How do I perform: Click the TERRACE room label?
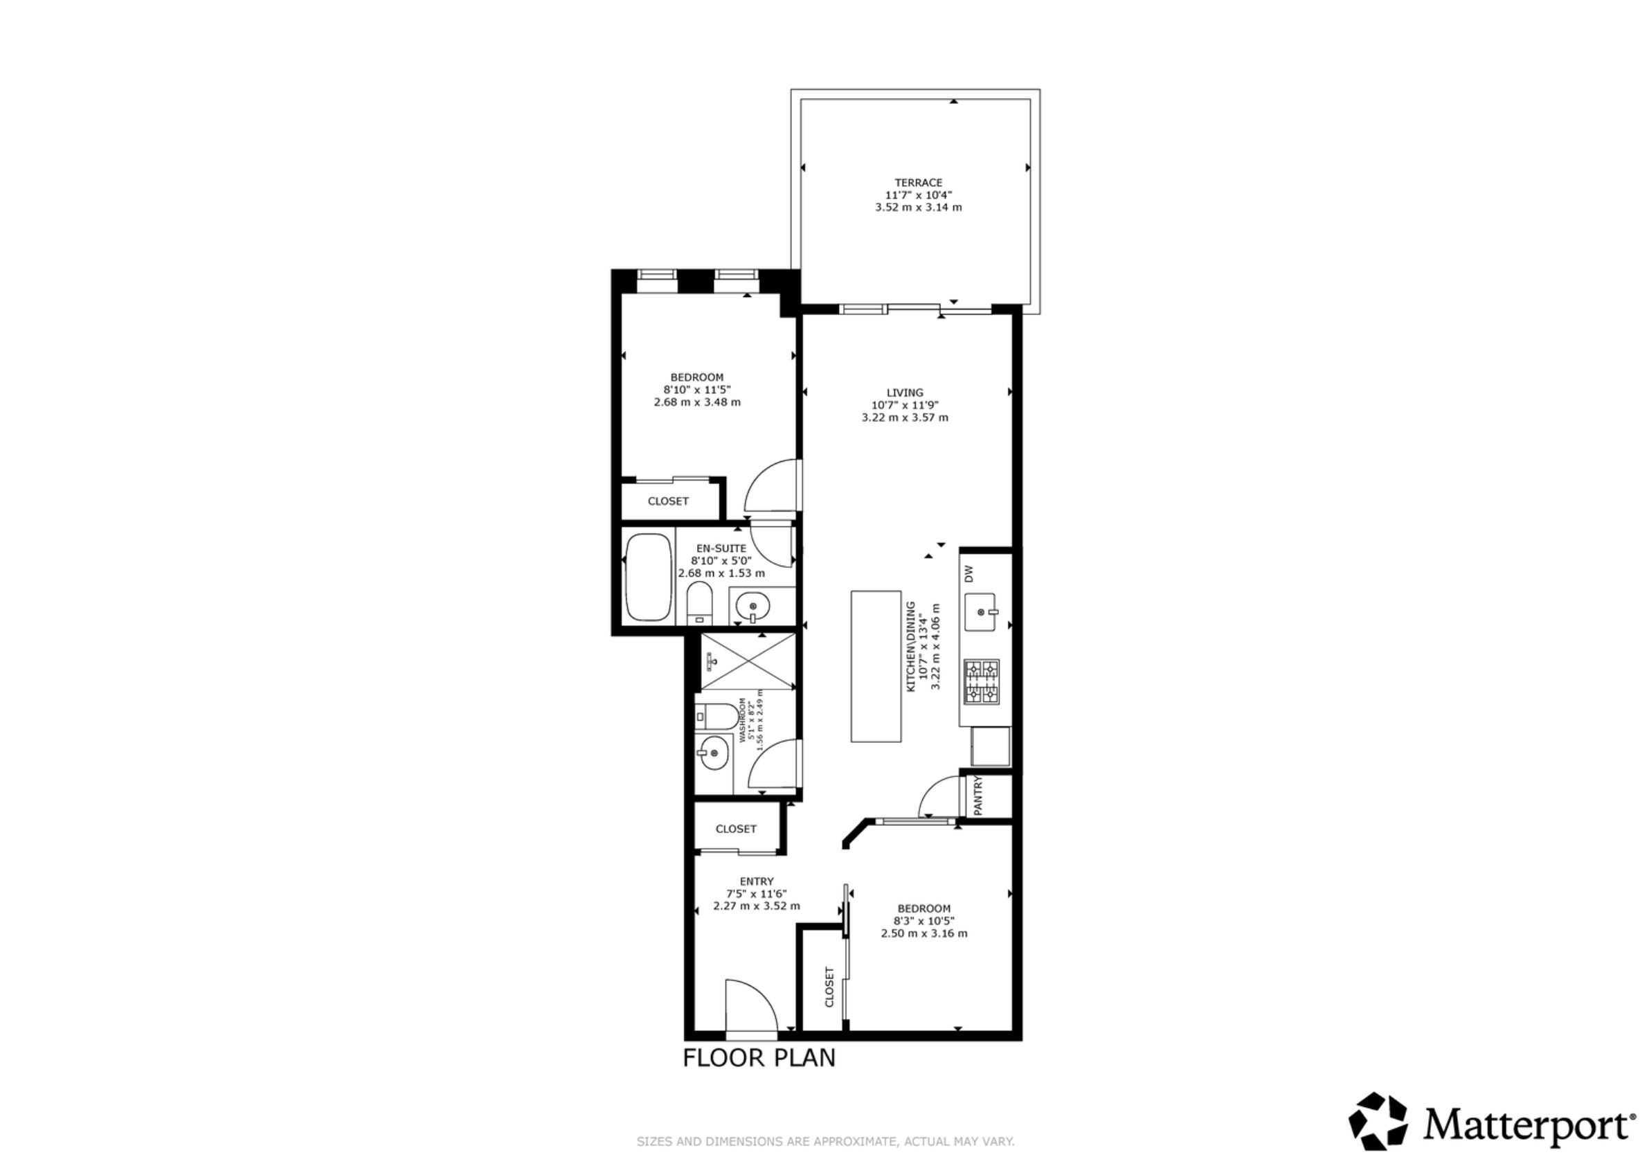pyautogui.click(x=918, y=183)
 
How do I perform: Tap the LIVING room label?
pyautogui.click(x=905, y=393)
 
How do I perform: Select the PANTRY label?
pyautogui.click(x=977, y=796)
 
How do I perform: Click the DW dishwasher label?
pyautogui.click(x=968, y=573)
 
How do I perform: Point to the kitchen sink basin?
pyautogui.click(x=980, y=612)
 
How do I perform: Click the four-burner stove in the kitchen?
pyautogui.click(x=981, y=681)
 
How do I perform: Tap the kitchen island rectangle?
pyautogui.click(x=876, y=666)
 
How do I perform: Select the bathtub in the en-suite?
pyautogui.click(x=649, y=577)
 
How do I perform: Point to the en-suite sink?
pyautogui.click(x=753, y=608)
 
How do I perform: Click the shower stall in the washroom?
pyautogui.click(x=748, y=661)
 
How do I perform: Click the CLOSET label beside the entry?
pyautogui.click(x=736, y=828)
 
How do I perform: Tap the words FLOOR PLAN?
pyautogui.click(x=759, y=1057)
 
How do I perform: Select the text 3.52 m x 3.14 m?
pyautogui.click(x=918, y=207)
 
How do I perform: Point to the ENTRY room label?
pyautogui.click(x=757, y=881)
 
